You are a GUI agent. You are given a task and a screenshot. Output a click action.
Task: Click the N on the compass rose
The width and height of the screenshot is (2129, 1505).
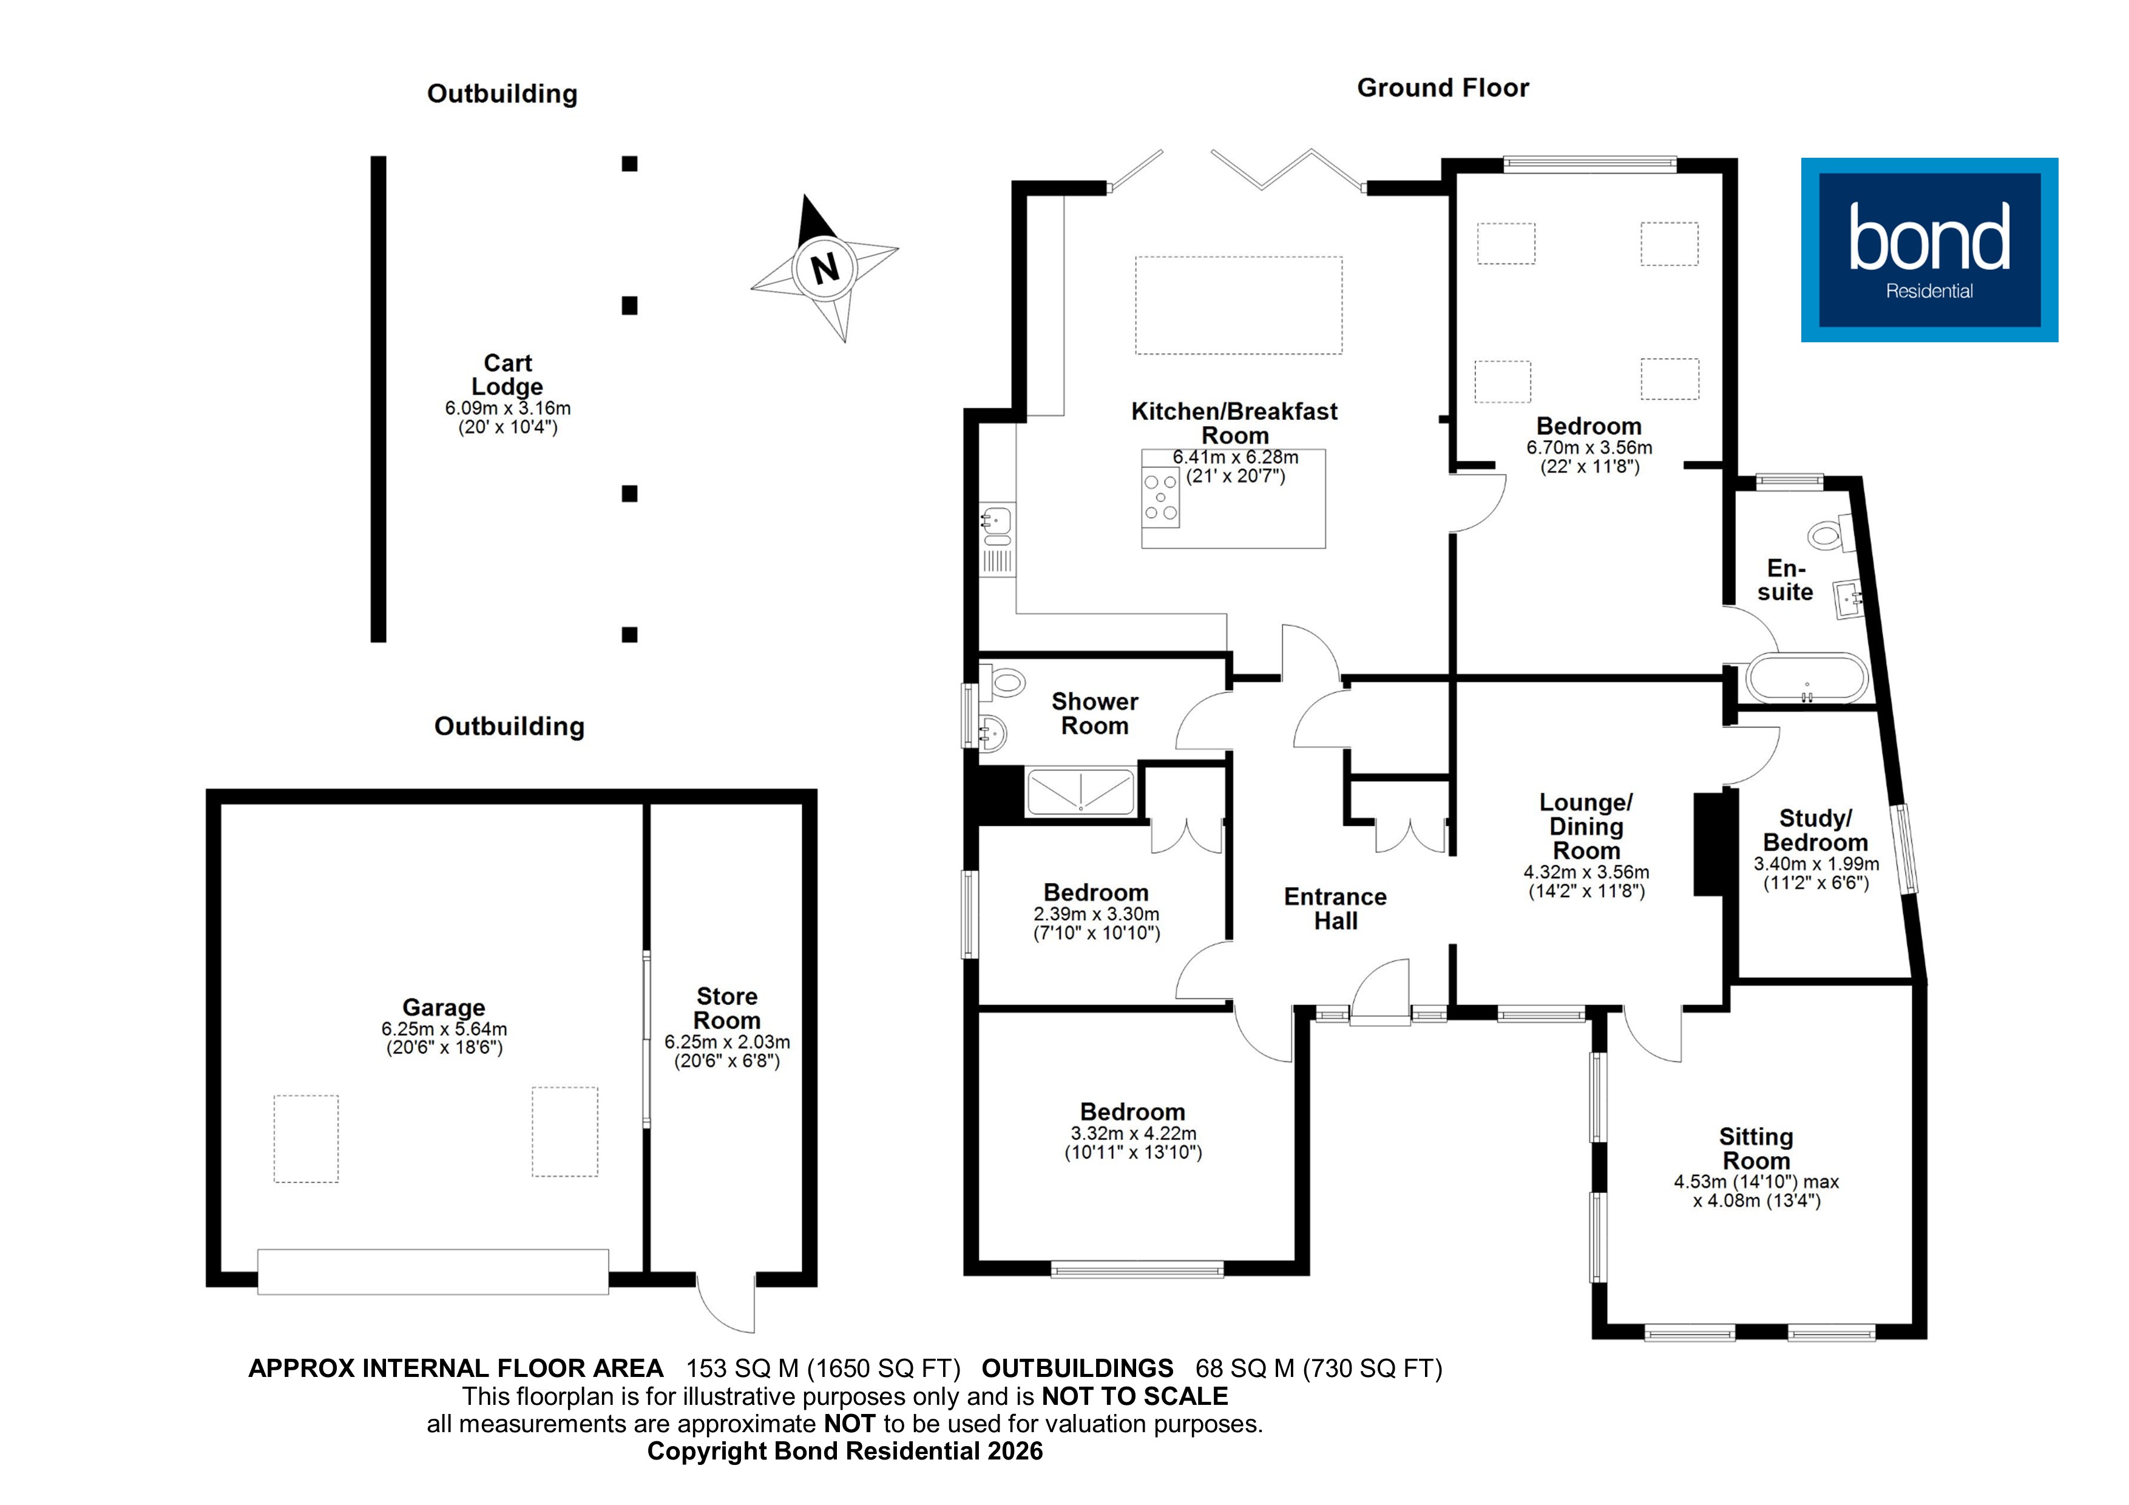pyautogui.click(x=824, y=268)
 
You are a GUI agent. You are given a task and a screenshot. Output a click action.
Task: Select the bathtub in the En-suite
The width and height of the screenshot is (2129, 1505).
pyautogui.click(x=1806, y=680)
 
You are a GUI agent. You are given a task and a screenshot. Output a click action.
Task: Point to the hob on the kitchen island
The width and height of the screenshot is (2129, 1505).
pyautogui.click(x=1160, y=498)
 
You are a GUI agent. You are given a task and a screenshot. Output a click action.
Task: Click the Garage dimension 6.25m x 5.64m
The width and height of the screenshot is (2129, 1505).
pyautogui.click(x=444, y=1029)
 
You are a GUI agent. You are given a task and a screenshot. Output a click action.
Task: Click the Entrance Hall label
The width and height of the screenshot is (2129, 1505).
pyautogui.click(x=1335, y=908)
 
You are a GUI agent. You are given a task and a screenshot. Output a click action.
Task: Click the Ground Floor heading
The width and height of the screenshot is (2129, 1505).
pyautogui.click(x=1442, y=88)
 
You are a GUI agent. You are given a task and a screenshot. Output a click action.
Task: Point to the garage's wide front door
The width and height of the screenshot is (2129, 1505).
pyautogui.click(x=433, y=1271)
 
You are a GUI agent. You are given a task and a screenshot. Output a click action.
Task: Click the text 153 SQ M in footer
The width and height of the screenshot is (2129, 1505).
pyautogui.click(x=742, y=1368)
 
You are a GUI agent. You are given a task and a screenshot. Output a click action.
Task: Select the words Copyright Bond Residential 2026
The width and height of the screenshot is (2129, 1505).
pyautogui.click(x=845, y=1451)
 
